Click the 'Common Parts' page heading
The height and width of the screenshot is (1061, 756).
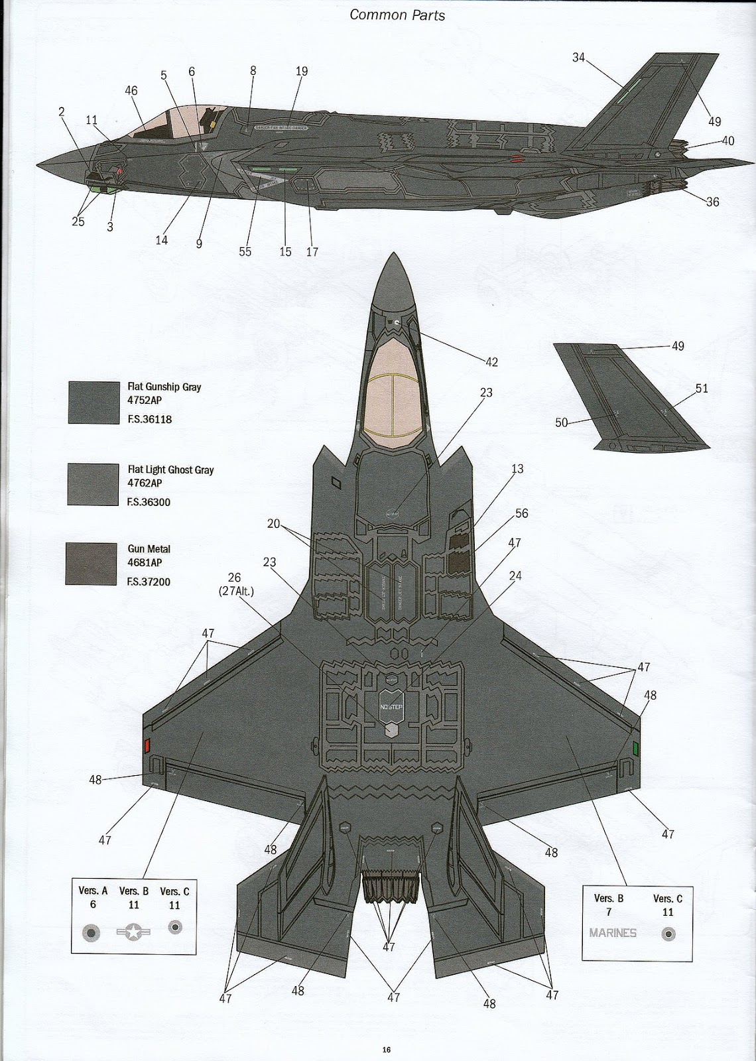pyautogui.click(x=397, y=15)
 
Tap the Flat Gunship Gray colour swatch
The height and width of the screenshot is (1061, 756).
pyautogui.click(x=93, y=403)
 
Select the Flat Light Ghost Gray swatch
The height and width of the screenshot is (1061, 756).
pyautogui.click(x=93, y=485)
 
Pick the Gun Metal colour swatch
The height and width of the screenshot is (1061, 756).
pyautogui.click(x=92, y=564)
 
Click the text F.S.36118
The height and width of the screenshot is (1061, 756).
pyautogui.click(x=149, y=419)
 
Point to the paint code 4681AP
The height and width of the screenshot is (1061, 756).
pyautogui.click(x=145, y=562)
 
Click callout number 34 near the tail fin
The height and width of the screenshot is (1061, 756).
pyautogui.click(x=578, y=58)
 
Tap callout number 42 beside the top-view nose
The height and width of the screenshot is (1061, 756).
pyautogui.click(x=491, y=362)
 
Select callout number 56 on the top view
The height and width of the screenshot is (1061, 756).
pyautogui.click(x=522, y=513)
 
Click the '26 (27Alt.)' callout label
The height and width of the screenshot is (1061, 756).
pyautogui.click(x=234, y=584)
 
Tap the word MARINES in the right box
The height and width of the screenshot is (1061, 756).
pyautogui.click(x=613, y=933)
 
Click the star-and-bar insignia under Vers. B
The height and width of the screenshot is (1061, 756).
pyautogui.click(x=133, y=932)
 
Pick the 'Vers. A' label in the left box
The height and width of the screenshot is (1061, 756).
pyautogui.click(x=93, y=891)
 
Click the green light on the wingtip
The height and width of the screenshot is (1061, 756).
pyautogui.click(x=635, y=749)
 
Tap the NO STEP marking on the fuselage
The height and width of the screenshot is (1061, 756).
pyautogui.click(x=391, y=708)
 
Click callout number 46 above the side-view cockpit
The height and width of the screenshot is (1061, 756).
pyautogui.click(x=131, y=90)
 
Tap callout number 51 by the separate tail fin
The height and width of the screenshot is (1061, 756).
pyautogui.click(x=702, y=389)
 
